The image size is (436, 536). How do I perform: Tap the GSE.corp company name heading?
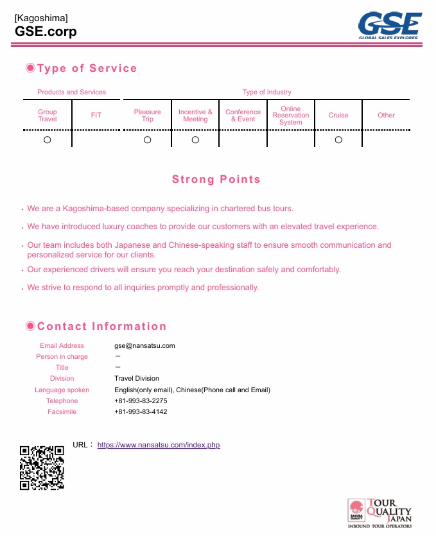tap(46, 31)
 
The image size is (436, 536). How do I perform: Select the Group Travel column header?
tap(48, 116)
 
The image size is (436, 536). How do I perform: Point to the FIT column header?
tap(96, 116)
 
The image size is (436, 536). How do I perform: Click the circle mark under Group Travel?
tap(48, 140)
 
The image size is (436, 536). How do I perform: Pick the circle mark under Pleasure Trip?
tap(148, 140)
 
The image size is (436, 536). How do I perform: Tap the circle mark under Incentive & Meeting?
tap(195, 140)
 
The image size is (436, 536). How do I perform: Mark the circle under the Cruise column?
tap(338, 140)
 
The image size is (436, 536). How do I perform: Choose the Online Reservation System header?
tap(291, 116)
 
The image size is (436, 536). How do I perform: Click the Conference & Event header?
tap(243, 116)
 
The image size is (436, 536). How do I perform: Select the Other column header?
tap(386, 116)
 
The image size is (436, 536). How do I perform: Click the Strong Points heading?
tap(216, 180)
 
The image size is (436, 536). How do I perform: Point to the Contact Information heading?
tap(101, 327)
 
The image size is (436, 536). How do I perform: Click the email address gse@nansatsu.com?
tap(144, 346)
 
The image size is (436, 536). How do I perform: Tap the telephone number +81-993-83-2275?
tap(141, 401)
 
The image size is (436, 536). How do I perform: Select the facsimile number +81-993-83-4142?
tap(141, 411)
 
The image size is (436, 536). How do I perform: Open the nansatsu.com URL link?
tap(159, 445)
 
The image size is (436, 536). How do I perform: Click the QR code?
tap(42, 468)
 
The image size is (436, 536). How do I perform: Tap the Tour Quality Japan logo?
tap(379, 513)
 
